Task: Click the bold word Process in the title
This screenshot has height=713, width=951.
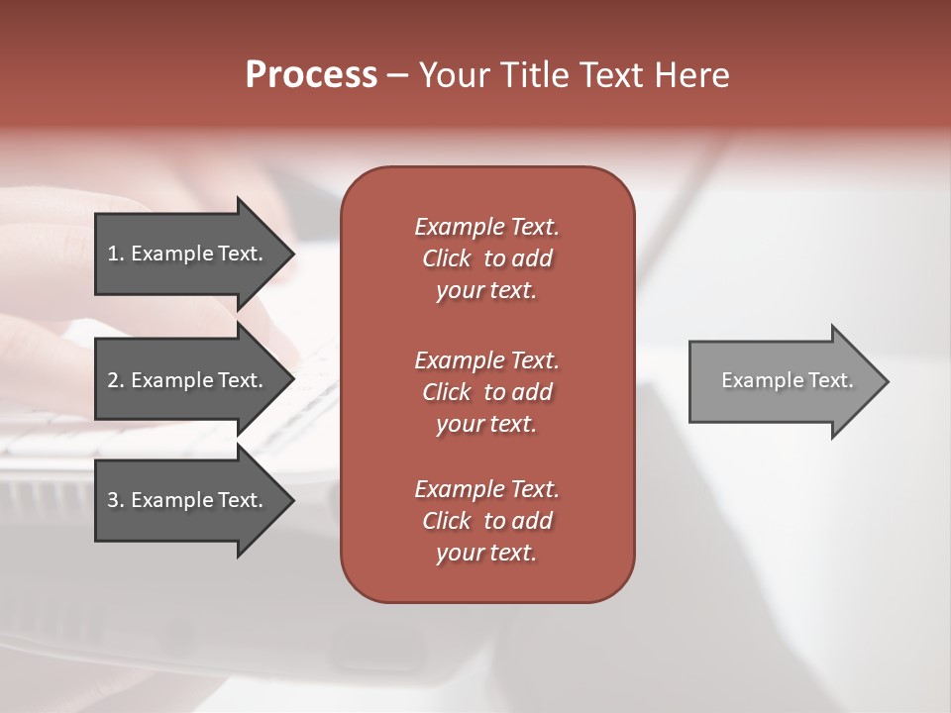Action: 311,75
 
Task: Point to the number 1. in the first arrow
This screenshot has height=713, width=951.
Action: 116,254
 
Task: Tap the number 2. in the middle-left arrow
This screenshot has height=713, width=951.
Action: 116,380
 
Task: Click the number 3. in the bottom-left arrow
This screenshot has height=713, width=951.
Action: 116,500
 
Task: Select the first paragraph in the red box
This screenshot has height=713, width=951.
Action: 486,258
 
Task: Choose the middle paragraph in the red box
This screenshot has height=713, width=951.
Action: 486,392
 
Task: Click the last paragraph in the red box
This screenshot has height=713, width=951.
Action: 486,521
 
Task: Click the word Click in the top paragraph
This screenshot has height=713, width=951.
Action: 447,258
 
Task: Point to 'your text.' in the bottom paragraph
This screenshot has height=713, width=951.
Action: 486,553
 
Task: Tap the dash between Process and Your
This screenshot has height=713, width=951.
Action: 397,75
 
